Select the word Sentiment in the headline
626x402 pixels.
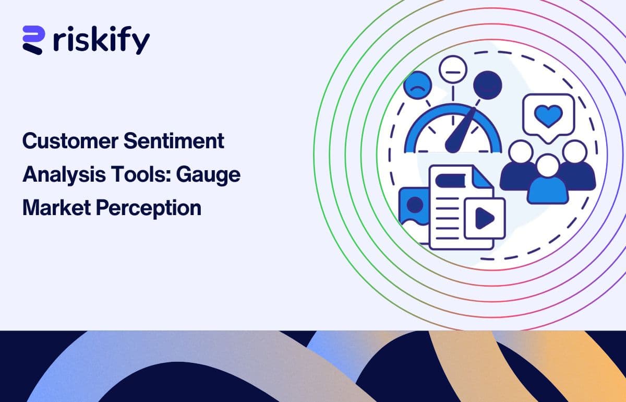coord(176,141)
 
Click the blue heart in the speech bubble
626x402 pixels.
coord(548,114)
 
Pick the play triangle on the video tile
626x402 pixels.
coord(485,219)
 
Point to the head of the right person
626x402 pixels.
coord(575,152)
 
